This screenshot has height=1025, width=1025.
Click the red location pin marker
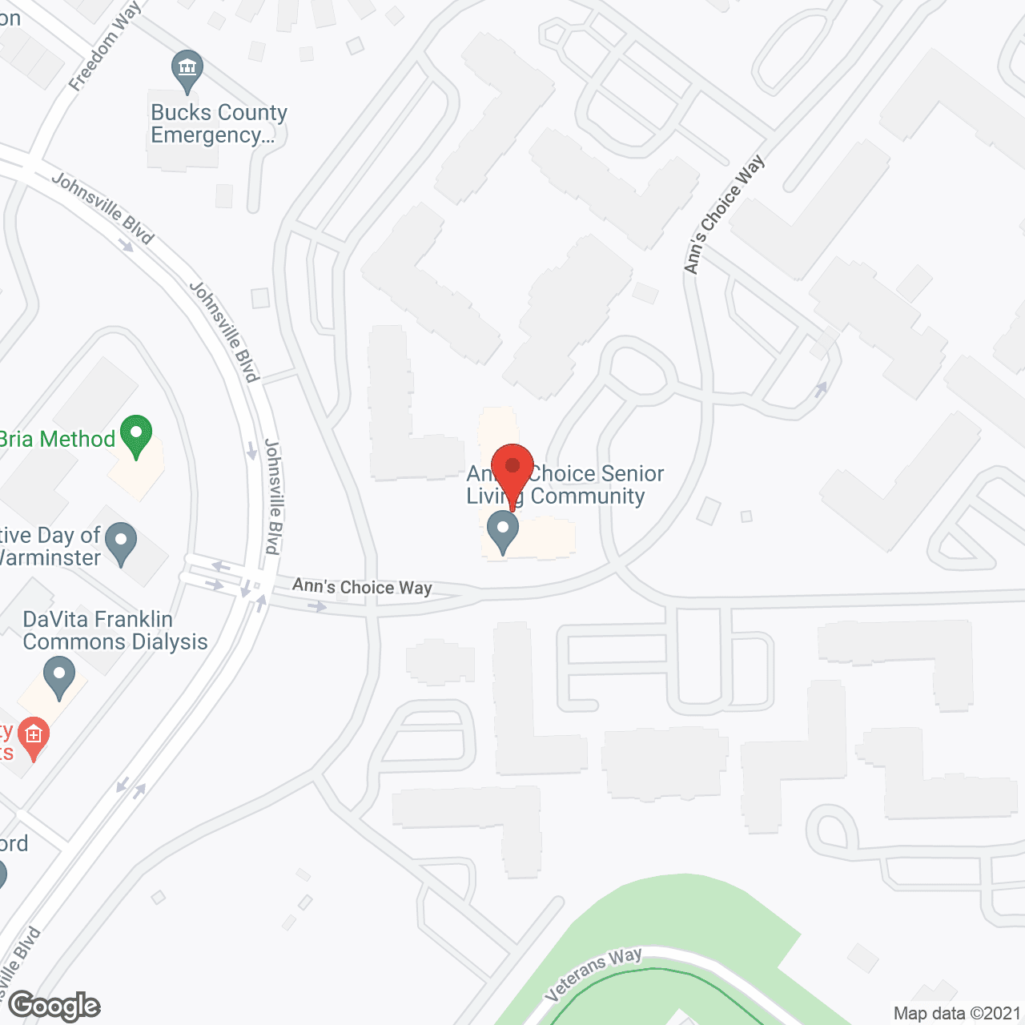click(512, 468)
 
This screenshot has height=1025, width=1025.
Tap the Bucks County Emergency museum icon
click(187, 70)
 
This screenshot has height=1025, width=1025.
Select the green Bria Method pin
click(136, 434)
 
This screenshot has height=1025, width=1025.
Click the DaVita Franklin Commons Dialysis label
click(115, 630)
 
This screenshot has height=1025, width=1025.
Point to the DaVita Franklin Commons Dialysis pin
click(58, 676)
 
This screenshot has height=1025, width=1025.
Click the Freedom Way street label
click(105, 46)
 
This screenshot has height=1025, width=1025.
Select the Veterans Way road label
click(593, 974)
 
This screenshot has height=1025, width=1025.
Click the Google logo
click(54, 1006)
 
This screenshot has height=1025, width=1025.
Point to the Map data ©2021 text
click(957, 1013)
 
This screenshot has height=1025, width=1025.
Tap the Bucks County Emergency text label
click(219, 123)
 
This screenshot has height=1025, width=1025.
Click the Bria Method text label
click(58, 439)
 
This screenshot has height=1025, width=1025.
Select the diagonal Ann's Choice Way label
click(725, 215)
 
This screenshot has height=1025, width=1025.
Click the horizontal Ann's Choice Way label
click(362, 587)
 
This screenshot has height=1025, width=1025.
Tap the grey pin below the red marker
click(503, 531)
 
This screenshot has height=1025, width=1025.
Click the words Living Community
click(556, 496)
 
